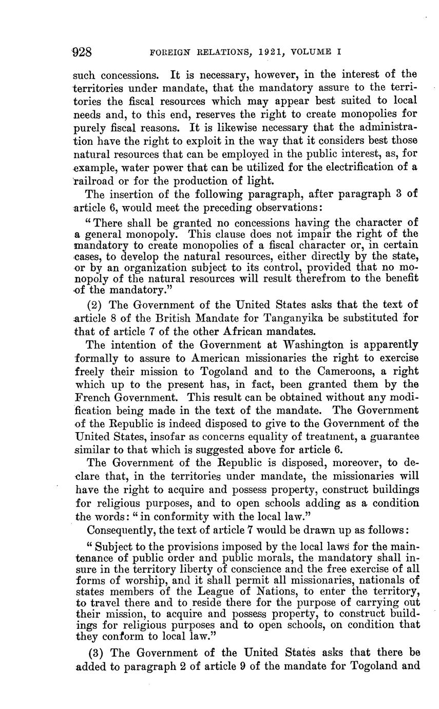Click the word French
(x=94, y=397)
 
